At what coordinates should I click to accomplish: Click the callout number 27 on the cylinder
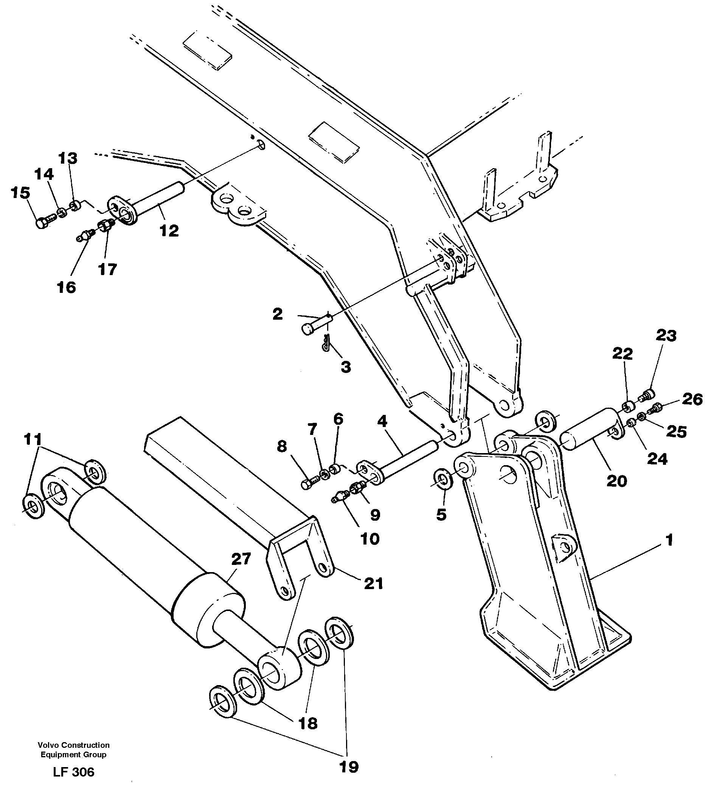(241, 558)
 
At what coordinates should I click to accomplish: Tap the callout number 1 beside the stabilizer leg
(669, 540)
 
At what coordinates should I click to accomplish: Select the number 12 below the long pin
(169, 231)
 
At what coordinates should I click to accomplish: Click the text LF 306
(74, 772)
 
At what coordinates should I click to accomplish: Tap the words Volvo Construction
(74, 745)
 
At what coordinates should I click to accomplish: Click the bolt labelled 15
(43, 223)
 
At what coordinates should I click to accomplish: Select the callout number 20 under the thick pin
(616, 481)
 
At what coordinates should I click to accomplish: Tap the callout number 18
(308, 723)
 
